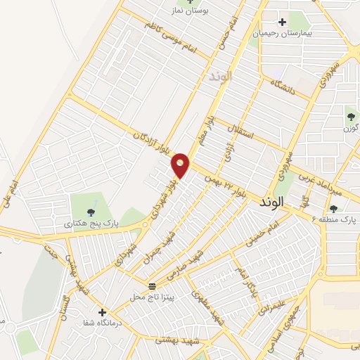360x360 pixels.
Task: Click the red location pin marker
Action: point(181,165)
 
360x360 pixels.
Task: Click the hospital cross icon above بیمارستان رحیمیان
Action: point(283,22)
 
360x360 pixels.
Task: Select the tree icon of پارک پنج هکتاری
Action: point(91,211)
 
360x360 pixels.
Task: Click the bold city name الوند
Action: point(271,202)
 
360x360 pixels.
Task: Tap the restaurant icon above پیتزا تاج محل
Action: point(152,285)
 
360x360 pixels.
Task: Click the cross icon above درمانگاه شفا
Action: point(103,312)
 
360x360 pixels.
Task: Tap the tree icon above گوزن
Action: point(351,117)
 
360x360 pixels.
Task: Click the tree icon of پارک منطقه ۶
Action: point(333,209)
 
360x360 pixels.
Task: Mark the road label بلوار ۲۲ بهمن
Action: point(225,186)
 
